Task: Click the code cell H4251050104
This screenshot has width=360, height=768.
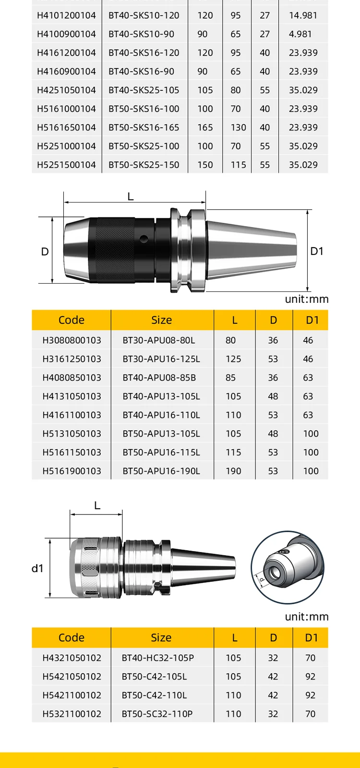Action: pos(66,90)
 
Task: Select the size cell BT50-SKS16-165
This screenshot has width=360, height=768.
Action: pos(144,128)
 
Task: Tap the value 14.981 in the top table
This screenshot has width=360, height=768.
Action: pos(303,15)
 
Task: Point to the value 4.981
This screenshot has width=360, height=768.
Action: pos(300,34)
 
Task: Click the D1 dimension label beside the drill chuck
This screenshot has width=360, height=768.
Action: pos(317,252)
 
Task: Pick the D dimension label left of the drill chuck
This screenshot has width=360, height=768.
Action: pos(45,252)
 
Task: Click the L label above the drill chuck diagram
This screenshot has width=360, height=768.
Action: pos(130,197)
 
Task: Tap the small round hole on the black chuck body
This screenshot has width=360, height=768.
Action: pos(144,238)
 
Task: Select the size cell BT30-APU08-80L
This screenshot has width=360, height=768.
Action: pos(159,340)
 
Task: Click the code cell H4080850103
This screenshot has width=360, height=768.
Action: pos(72,378)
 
